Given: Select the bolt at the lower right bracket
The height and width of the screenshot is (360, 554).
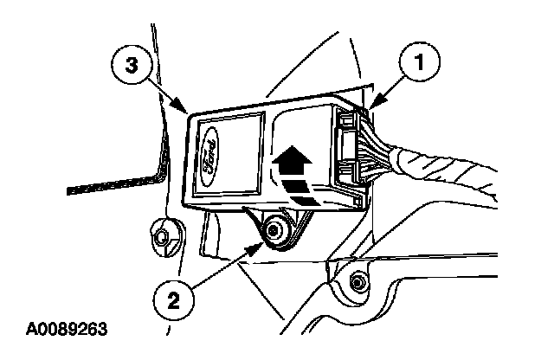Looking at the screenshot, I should tap(357, 280).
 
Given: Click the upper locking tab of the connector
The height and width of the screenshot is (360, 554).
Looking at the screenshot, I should tap(351, 122).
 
